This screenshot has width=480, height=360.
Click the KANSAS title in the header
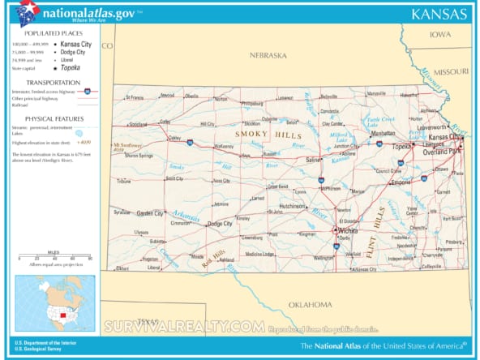click(x=439, y=15)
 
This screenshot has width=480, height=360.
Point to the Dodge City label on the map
click(x=219, y=224)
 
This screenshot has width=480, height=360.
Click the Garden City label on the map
click(x=150, y=213)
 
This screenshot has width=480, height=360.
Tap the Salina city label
click(x=313, y=161)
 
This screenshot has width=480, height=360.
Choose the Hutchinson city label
click(x=291, y=206)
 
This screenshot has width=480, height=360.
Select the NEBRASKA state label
click(x=268, y=55)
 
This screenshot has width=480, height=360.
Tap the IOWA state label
click(x=440, y=34)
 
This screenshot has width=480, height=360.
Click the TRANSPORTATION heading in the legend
click(x=53, y=83)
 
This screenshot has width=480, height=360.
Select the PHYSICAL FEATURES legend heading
click(x=54, y=117)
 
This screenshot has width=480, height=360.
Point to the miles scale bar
click(x=55, y=259)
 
